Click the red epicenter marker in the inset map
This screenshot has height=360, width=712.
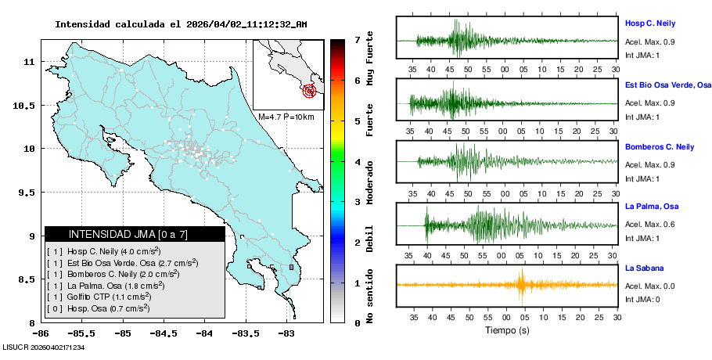tap(311, 91)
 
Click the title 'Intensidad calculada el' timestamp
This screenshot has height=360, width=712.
tap(181, 24)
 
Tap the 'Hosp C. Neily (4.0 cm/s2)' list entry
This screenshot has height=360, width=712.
tap(102, 251)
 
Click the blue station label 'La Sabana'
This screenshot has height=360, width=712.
tap(644, 268)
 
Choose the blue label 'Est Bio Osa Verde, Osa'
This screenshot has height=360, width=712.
tap(668, 85)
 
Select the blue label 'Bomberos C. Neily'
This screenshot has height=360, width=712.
tap(660, 146)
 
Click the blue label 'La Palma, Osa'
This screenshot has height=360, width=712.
tap(652, 207)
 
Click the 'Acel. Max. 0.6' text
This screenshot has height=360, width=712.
tap(651, 225)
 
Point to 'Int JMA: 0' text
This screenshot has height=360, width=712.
tap(642, 299)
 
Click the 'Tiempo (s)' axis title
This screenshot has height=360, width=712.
tap(506, 330)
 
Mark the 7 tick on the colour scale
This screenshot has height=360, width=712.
tap(357, 39)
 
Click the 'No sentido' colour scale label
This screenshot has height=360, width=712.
tap(370, 295)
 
